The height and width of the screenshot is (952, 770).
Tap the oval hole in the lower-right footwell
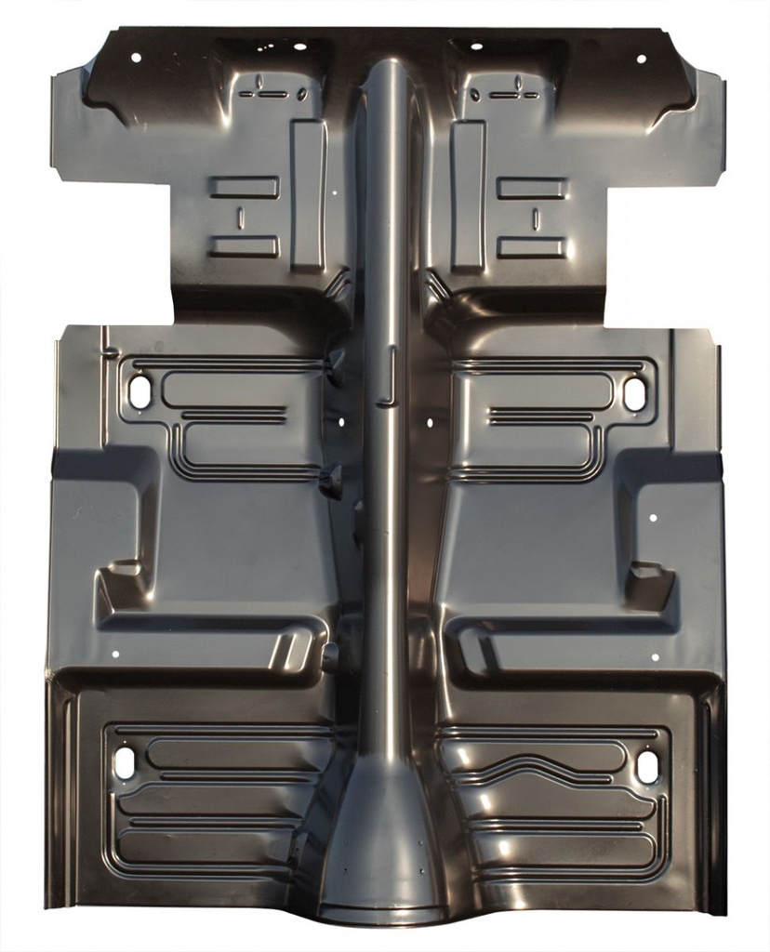(647, 767)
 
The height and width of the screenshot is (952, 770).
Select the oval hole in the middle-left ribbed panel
(139, 391)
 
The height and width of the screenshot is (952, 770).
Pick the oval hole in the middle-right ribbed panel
(634, 394)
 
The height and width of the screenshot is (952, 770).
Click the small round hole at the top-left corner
(136, 58)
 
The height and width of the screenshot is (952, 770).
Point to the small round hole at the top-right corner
(641, 59)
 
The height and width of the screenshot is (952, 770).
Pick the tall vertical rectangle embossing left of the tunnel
(308, 194)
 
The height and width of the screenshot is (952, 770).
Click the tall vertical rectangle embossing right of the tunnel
(468, 194)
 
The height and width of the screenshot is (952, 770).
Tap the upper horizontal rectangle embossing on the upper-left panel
(244, 187)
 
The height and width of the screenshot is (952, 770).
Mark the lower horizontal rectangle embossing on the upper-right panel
(531, 247)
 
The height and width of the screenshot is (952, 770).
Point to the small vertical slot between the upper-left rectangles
(240, 218)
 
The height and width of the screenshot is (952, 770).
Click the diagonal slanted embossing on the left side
(289, 650)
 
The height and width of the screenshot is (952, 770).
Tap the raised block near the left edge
(120, 581)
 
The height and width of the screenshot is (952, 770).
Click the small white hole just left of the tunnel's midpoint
(340, 421)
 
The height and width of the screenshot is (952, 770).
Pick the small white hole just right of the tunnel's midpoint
(430, 422)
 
